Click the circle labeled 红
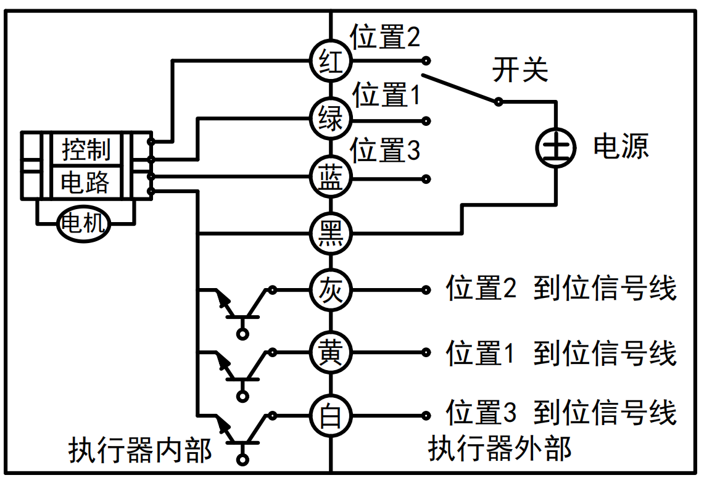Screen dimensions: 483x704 [331, 61]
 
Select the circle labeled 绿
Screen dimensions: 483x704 [331, 118]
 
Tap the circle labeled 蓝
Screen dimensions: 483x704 [331, 177]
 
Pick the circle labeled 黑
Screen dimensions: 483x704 [331, 234]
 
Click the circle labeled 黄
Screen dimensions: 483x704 [331, 352]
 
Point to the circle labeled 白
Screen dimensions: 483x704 [331, 414]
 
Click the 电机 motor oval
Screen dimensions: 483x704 [85, 224]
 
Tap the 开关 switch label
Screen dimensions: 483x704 [520, 70]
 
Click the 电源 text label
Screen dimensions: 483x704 [621, 147]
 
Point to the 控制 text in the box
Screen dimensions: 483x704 [86, 149]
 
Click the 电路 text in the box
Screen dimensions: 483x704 [86, 182]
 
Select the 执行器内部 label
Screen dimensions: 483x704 [140, 450]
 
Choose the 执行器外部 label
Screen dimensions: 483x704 [500, 449]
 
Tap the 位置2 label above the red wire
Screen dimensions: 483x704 [385, 38]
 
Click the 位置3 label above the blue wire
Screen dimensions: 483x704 [385, 151]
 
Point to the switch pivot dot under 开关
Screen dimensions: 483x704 [498, 101]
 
